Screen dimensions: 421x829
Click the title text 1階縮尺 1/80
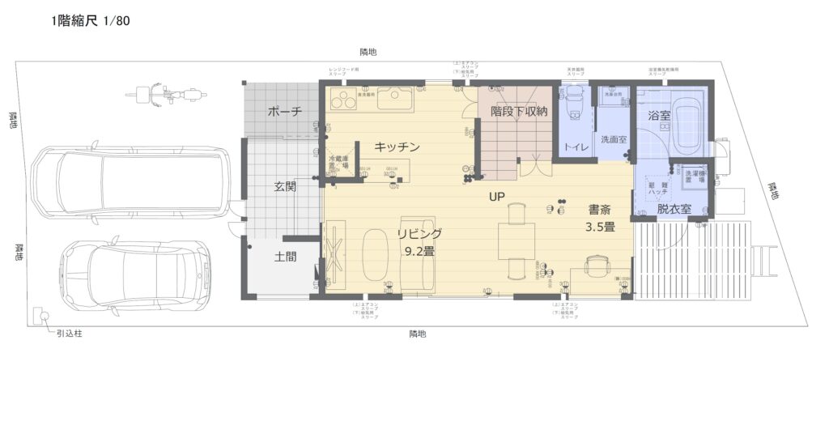tap(90, 21)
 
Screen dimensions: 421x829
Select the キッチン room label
tap(397, 147)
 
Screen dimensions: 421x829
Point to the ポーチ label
tap(284, 112)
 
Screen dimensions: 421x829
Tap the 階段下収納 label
tap(519, 112)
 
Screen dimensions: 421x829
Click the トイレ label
tap(576, 147)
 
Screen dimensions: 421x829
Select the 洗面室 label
tap(613, 139)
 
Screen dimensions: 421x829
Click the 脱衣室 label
tap(674, 208)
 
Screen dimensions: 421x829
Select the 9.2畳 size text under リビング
tap(419, 251)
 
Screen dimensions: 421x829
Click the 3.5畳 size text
tap(601, 228)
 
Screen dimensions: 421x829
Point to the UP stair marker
tap(496, 196)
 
